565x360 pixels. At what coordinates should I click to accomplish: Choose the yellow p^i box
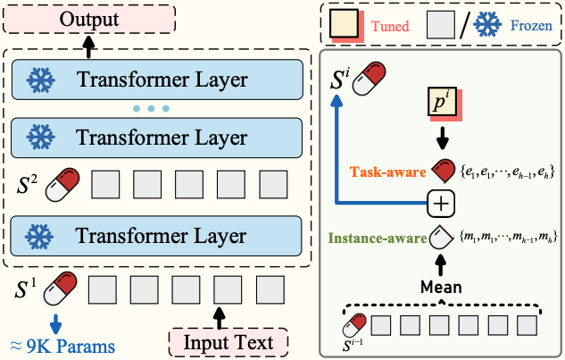tap(441, 105)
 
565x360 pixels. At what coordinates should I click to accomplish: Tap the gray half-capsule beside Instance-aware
tap(441, 237)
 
